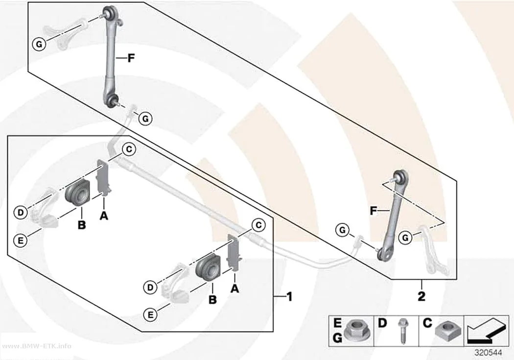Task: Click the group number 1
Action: (289, 297)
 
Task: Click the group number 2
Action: (421, 296)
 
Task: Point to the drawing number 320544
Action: (489, 353)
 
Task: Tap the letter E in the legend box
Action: (337, 323)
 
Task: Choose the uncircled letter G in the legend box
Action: (337, 337)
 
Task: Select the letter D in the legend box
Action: (382, 323)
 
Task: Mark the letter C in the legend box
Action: (427, 323)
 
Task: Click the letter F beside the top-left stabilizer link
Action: (131, 58)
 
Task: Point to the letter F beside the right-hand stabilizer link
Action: (373, 211)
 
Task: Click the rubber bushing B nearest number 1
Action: (206, 266)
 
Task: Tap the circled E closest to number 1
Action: (150, 315)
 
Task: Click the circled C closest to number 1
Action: (258, 225)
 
